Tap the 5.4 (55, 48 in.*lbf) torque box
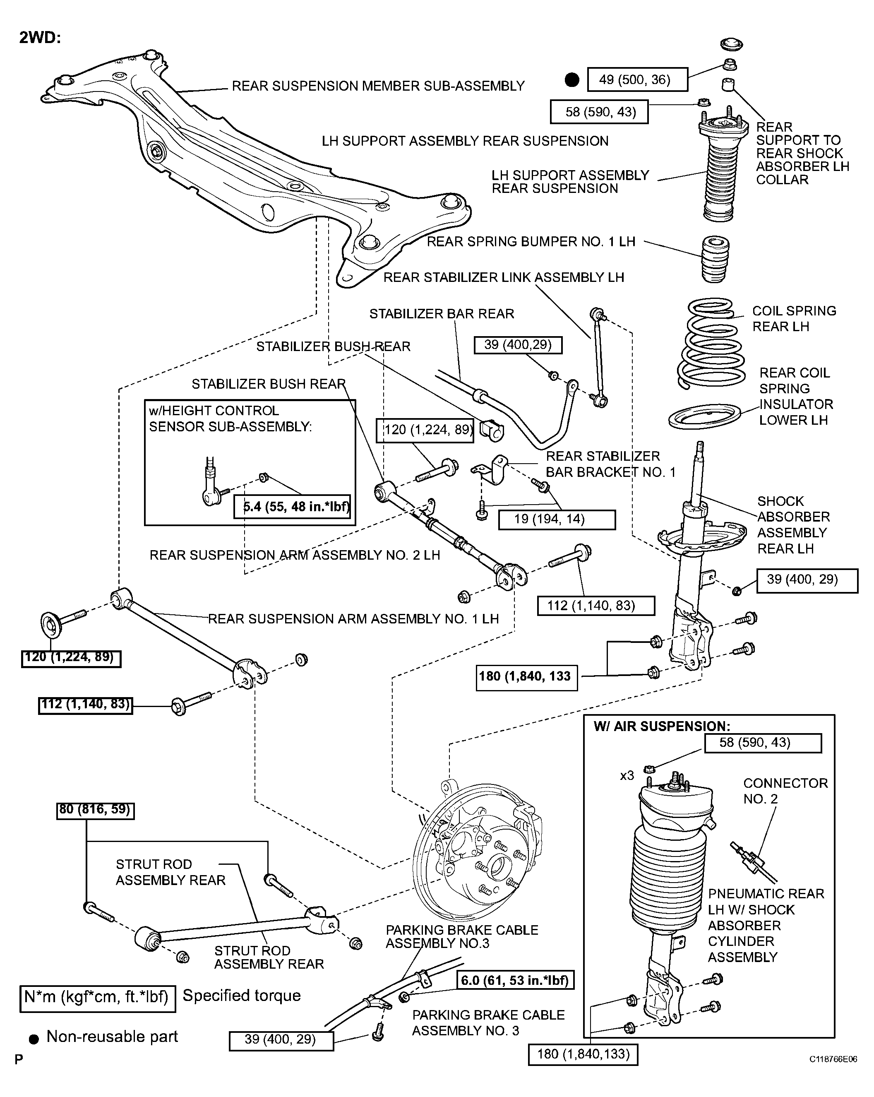pos(293,506)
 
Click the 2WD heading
pos(40,38)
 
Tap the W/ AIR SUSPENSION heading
pos(662,726)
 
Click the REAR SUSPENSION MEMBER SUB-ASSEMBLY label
pos(378,86)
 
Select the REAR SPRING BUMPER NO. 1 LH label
pos(531,242)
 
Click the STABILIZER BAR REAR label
pos(442,314)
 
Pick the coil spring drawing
pos(711,344)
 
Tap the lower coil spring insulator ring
pos(705,415)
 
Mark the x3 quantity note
pos(627,775)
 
